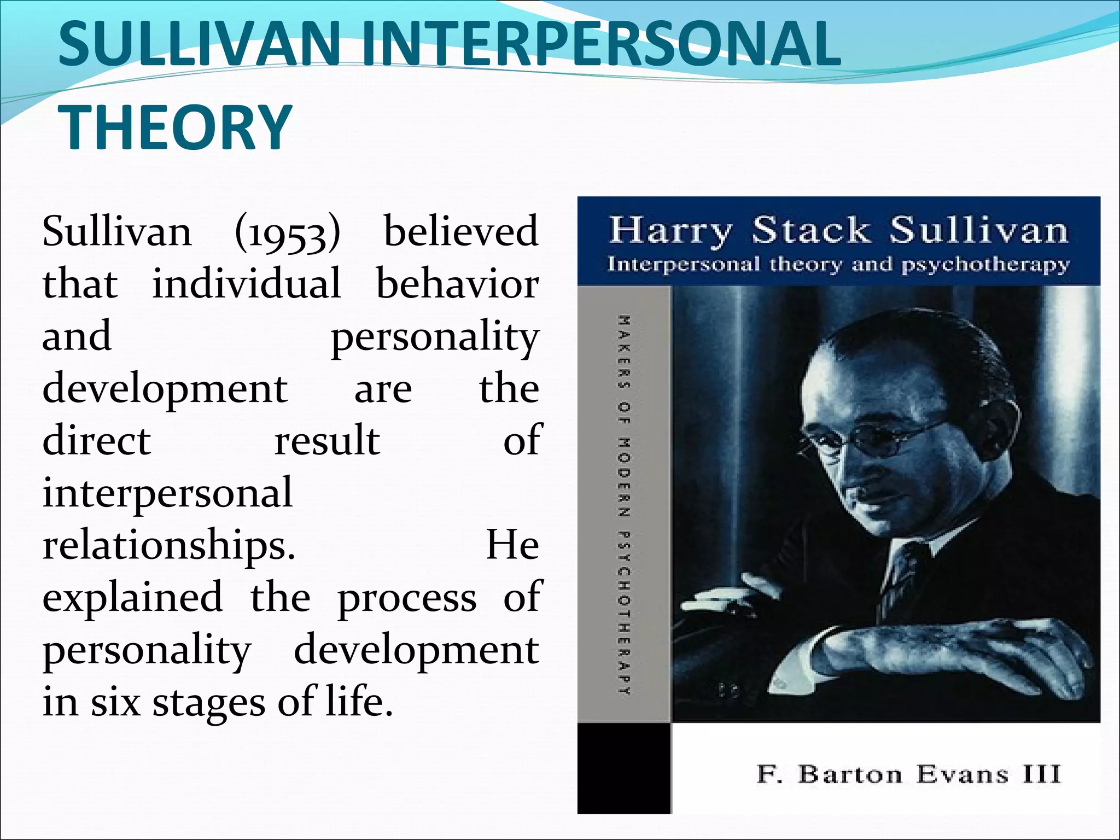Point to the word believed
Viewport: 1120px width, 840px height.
pos(461,231)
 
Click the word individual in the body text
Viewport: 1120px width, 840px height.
pos(247,283)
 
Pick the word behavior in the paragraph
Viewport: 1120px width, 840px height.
pos(458,283)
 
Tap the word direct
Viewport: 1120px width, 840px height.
pos(96,440)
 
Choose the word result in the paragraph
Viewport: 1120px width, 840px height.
pos(327,440)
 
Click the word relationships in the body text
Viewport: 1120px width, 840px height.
pos(168,546)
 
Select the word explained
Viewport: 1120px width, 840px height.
pos(133,597)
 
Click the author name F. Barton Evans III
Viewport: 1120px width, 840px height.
pos(908,774)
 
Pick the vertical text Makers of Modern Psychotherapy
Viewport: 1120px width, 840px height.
pos(625,504)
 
